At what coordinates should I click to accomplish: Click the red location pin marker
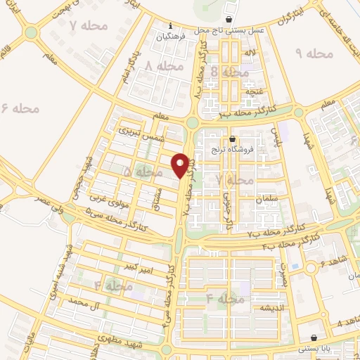click(x=181, y=165)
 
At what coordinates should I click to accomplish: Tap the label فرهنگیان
click(x=170, y=35)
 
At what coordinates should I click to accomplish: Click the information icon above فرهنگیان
click(x=170, y=25)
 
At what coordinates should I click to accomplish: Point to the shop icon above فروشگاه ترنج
click(x=233, y=139)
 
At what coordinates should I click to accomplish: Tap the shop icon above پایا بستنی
click(x=313, y=338)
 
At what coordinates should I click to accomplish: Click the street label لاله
click(x=250, y=53)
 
